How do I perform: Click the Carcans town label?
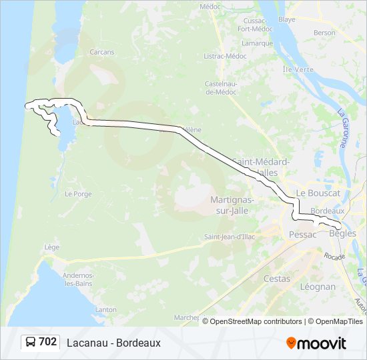pos(102,51)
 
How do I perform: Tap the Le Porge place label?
pos(77,194)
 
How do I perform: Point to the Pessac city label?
pos(302,234)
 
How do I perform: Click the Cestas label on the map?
pos(277,279)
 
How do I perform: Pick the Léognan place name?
pos(318,287)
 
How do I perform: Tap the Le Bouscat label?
pos(318,193)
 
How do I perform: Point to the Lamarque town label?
pos(254,43)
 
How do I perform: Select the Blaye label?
pos(287,20)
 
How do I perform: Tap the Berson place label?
pos(324,32)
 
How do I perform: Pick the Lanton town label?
pos(105,309)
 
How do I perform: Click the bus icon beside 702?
pos(30,342)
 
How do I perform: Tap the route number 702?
pos(47,342)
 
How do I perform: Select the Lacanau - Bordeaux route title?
pos(113,343)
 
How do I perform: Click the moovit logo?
pos(316,343)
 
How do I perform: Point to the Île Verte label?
pos(298,69)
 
